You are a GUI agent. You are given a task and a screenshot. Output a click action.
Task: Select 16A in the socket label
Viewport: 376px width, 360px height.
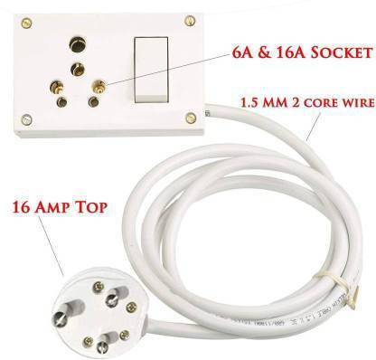coord(282,53)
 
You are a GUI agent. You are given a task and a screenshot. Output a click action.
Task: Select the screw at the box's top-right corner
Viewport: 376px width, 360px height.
coord(189,19)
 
